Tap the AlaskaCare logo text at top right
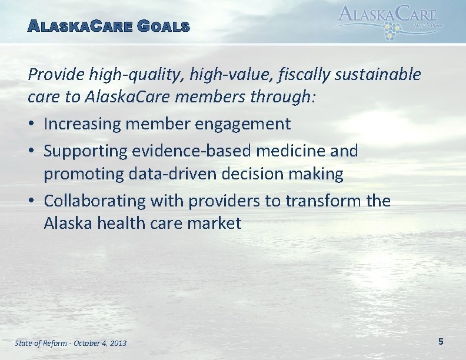click(388, 14)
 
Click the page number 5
click(441, 341)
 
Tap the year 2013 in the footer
click(117, 343)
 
